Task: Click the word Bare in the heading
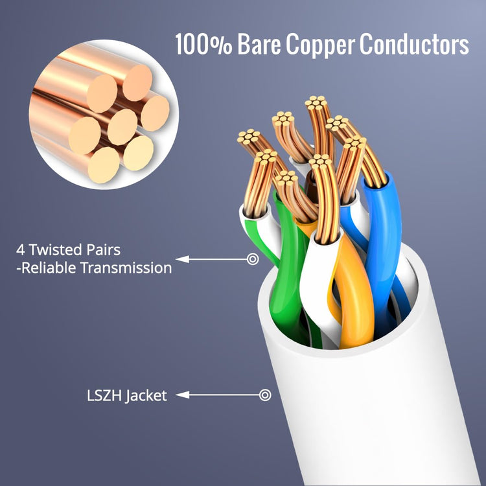click(259, 44)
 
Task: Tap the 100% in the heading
click(203, 44)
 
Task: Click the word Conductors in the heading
click(414, 44)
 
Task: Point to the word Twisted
click(56, 250)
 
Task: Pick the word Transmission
click(126, 268)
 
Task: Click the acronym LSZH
click(104, 395)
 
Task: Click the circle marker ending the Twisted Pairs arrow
click(253, 259)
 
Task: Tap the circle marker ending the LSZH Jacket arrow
click(265, 395)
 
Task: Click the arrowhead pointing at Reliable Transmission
click(183, 259)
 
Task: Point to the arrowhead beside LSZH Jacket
click(183, 395)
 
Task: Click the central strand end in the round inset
click(122, 127)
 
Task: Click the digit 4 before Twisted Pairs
click(21, 250)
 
